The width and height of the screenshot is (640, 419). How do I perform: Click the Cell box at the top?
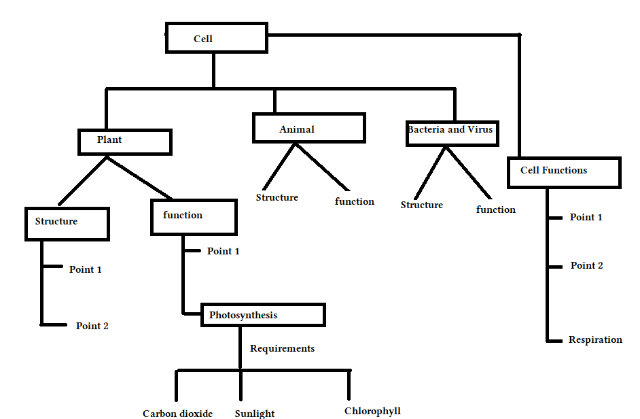click(x=217, y=39)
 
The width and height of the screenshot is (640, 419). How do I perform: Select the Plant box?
click(x=125, y=141)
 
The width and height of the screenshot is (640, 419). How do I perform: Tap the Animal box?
click(x=308, y=129)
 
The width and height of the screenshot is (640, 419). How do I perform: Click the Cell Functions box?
click(x=564, y=172)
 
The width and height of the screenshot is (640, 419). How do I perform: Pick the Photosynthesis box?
click(x=263, y=315)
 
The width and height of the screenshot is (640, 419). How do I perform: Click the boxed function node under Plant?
click(x=194, y=217)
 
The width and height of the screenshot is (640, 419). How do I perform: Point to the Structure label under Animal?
click(x=277, y=197)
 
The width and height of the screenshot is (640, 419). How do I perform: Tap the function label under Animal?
click(x=355, y=201)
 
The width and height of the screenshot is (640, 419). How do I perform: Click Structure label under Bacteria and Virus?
click(x=422, y=205)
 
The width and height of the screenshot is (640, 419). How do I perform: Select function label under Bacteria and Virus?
click(x=496, y=209)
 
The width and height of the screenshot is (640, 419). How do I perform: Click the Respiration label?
click(x=595, y=339)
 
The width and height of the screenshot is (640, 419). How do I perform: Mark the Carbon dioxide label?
click(x=177, y=414)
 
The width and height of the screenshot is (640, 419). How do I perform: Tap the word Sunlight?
click(x=255, y=414)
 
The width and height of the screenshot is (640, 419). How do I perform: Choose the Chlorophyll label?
click(x=372, y=411)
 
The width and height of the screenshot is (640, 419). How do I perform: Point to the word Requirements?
click(x=282, y=348)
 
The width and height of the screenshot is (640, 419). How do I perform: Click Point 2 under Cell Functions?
click(x=586, y=265)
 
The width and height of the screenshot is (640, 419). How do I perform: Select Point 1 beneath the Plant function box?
click(x=224, y=251)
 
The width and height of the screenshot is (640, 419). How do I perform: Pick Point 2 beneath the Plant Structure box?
click(x=92, y=326)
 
